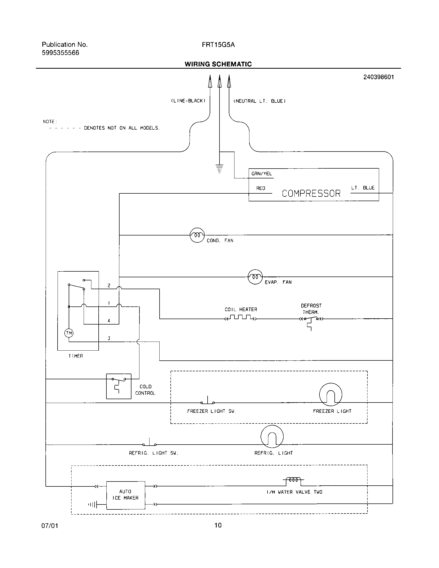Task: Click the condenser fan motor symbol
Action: point(197,235)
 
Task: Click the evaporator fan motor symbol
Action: point(255,277)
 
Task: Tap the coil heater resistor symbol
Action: point(241,318)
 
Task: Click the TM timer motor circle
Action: point(69,333)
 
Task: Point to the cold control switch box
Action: point(119,386)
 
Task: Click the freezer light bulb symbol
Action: point(331,395)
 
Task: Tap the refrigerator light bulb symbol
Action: point(272,436)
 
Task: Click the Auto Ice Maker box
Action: point(126,495)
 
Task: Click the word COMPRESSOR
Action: point(311,193)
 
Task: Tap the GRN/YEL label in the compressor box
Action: point(261,174)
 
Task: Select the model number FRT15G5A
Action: point(218,45)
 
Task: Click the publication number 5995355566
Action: point(60,53)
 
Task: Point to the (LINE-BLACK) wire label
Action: point(188,101)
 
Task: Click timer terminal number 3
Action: point(109,338)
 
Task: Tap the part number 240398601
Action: point(378,77)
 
